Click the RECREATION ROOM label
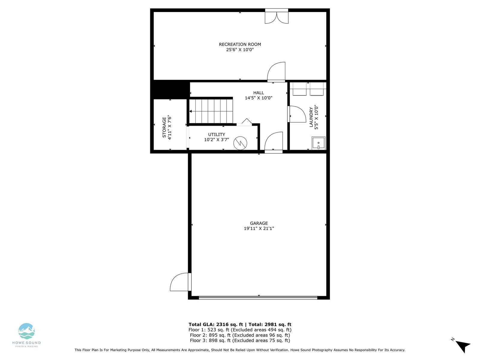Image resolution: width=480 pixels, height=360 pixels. point(240,44)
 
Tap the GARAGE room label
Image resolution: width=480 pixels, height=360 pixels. point(259,223)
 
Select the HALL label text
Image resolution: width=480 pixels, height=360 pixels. point(259,93)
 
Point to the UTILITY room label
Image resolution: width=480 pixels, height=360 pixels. point(217,134)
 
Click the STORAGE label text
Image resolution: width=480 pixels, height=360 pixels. point(164,127)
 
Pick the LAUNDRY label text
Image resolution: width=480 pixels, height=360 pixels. point(311,117)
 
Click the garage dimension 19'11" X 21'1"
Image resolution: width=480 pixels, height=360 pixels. point(259,228)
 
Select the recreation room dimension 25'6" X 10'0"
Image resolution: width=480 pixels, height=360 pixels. point(240,49)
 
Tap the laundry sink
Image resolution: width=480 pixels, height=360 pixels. point(318,143)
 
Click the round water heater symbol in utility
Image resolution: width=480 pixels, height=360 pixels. point(240,143)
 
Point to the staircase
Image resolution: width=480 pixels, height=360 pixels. point(211,111)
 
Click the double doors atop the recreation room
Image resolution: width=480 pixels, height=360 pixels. point(277,16)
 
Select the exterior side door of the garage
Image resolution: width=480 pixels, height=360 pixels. point(181,282)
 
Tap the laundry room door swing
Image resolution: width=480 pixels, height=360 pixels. point(297,114)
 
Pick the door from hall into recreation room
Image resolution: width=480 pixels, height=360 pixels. point(276,72)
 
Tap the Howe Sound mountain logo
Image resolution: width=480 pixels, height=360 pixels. point(26,331)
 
